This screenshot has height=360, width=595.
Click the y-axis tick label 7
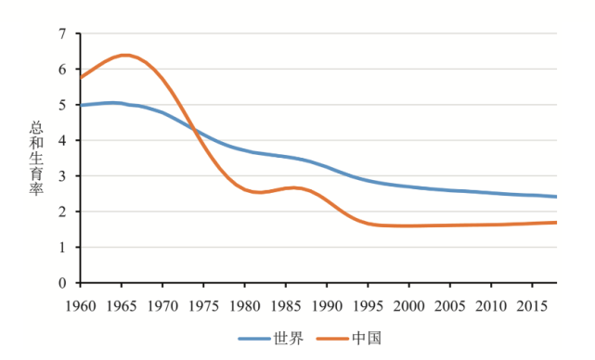[64, 34]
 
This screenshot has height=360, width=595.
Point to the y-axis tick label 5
[64, 105]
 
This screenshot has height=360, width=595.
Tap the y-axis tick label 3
[64, 176]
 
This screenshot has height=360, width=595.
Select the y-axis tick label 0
[64, 283]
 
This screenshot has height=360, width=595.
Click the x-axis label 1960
[81, 304]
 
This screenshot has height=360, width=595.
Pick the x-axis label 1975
[203, 304]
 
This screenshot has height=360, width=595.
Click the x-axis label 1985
[286, 304]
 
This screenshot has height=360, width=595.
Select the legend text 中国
[367, 339]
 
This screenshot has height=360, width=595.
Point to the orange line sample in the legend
[332, 339]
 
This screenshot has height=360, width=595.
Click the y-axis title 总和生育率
[38, 158]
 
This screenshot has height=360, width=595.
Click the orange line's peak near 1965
[124, 55]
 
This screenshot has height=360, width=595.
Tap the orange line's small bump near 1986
[293, 187]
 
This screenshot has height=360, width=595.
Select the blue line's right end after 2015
[556, 197]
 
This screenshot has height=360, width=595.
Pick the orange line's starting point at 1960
[82, 77]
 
